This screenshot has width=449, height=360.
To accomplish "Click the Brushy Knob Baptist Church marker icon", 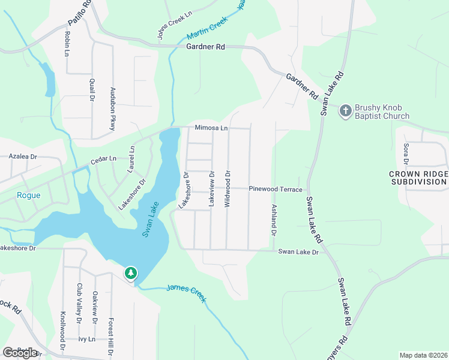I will [x=345, y=110].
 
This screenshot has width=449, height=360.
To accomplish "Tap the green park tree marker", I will [x=130, y=273].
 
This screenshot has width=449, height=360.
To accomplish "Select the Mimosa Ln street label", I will [x=211, y=128].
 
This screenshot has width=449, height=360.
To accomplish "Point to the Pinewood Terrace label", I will [x=276, y=189].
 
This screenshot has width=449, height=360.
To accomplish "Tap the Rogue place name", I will [x=28, y=194].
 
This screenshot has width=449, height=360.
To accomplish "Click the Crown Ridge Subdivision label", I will [x=418, y=178].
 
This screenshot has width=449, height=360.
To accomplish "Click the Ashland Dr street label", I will [x=274, y=220].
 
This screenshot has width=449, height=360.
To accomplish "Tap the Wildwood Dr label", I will [x=228, y=189].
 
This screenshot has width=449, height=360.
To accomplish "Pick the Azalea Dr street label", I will [x=23, y=156].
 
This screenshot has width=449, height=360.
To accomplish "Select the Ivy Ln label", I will [x=87, y=339].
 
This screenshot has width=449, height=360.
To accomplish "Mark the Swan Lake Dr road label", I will [x=297, y=252].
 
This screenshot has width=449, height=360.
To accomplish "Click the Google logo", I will [x=20, y=352].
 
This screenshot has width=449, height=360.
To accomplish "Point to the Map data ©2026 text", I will [x=423, y=355].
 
